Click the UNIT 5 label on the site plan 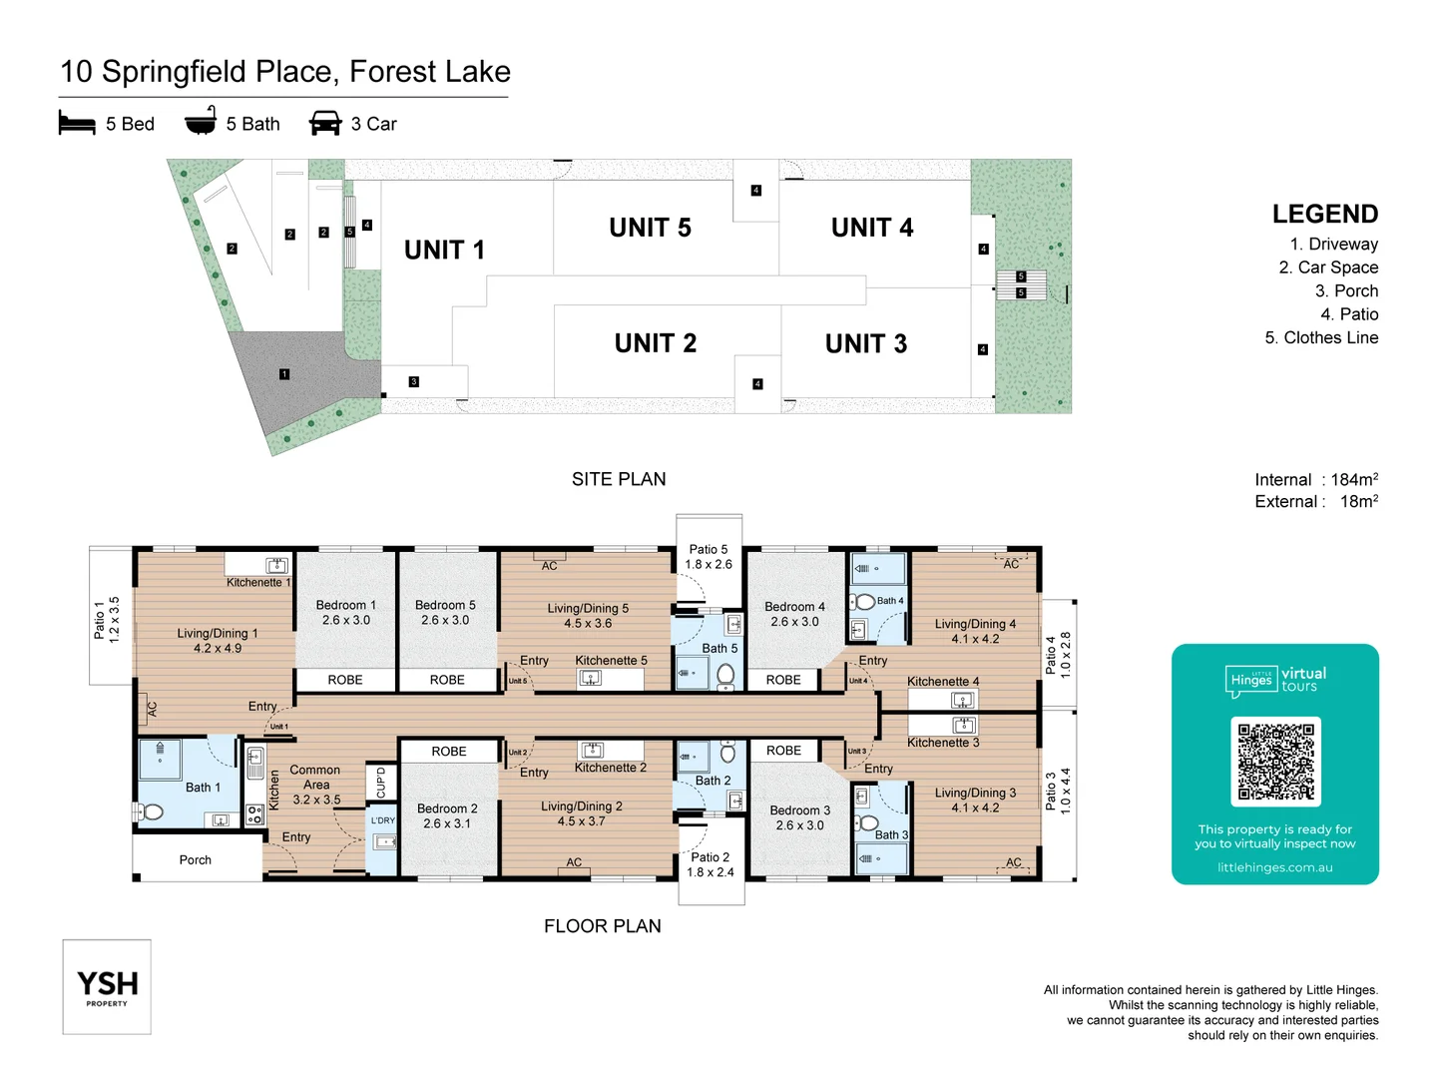[650, 228]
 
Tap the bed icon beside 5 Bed [77, 123]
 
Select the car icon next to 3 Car [325, 123]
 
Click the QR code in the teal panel [1275, 762]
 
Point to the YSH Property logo [107, 986]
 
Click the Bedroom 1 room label [345, 612]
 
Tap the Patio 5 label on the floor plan [709, 557]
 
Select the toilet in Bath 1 [151, 811]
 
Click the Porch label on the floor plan [196, 859]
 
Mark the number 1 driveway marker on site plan [284, 374]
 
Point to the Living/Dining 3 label [975, 800]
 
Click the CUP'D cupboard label [380, 782]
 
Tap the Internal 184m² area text [1315, 479]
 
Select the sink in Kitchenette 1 [276, 566]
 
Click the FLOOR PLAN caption [602, 925]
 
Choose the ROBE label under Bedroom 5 [447, 680]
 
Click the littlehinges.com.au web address [1274, 867]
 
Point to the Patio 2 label [710, 864]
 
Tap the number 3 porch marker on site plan [414, 381]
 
